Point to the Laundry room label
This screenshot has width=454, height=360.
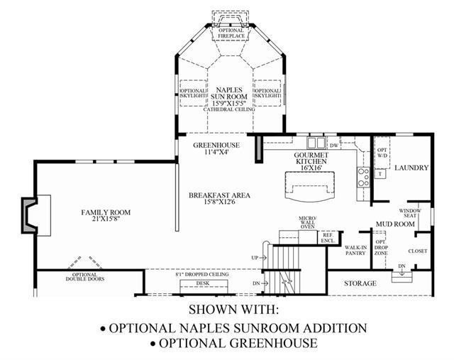tap(411, 168)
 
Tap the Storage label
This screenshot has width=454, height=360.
tap(360, 283)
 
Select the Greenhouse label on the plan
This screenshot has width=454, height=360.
tap(216, 148)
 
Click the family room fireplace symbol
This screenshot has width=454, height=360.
tap(31, 215)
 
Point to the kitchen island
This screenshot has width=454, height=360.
tap(309, 190)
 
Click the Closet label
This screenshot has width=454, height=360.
tap(418, 251)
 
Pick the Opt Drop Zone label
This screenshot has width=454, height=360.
tap(381, 247)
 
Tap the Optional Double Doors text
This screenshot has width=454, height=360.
tap(85, 276)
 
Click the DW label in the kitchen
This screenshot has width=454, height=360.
tap(314, 145)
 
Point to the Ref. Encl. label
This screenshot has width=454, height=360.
tap(328, 237)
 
